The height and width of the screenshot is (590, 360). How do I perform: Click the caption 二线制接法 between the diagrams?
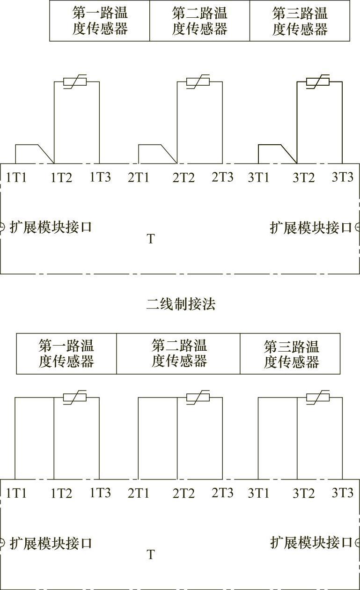[x=181, y=305]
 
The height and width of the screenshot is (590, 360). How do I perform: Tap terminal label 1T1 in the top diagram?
[x=16, y=177]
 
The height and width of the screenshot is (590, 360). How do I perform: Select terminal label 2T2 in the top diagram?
[x=184, y=178]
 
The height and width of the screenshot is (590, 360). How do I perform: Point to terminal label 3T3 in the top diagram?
[x=343, y=177]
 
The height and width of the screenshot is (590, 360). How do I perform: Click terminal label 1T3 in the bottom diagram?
[x=100, y=493]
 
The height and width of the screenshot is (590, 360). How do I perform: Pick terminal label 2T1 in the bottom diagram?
[x=138, y=493]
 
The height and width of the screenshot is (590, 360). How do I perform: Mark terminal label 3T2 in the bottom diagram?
[x=304, y=494]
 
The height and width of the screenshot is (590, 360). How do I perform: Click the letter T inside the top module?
[x=151, y=239]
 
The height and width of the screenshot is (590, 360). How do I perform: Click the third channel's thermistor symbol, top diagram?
[x=318, y=82]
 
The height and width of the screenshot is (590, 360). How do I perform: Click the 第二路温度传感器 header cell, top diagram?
[x=199, y=21]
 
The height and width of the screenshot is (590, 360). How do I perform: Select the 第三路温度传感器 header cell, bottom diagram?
[x=291, y=354]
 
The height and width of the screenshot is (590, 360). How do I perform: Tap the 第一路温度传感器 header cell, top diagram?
[x=100, y=21]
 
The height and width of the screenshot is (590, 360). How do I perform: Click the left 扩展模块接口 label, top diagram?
[x=51, y=228]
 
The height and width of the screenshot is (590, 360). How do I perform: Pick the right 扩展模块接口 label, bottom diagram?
[x=311, y=543]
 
